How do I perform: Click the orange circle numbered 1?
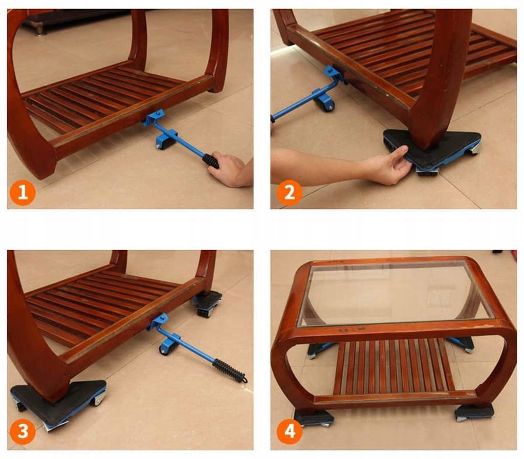[23, 193]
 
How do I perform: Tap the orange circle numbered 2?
[290, 193]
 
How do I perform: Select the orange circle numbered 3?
[23, 431]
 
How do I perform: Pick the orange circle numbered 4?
[290, 431]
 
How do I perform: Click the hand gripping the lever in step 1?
[231, 170]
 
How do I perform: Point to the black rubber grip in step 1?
[210, 161]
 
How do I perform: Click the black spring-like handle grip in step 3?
[230, 371]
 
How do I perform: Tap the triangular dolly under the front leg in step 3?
[58, 401]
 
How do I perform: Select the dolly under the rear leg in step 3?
[207, 303]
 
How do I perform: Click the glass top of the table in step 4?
[396, 292]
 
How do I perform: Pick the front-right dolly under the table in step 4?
[474, 411]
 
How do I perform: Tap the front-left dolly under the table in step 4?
[314, 418]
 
